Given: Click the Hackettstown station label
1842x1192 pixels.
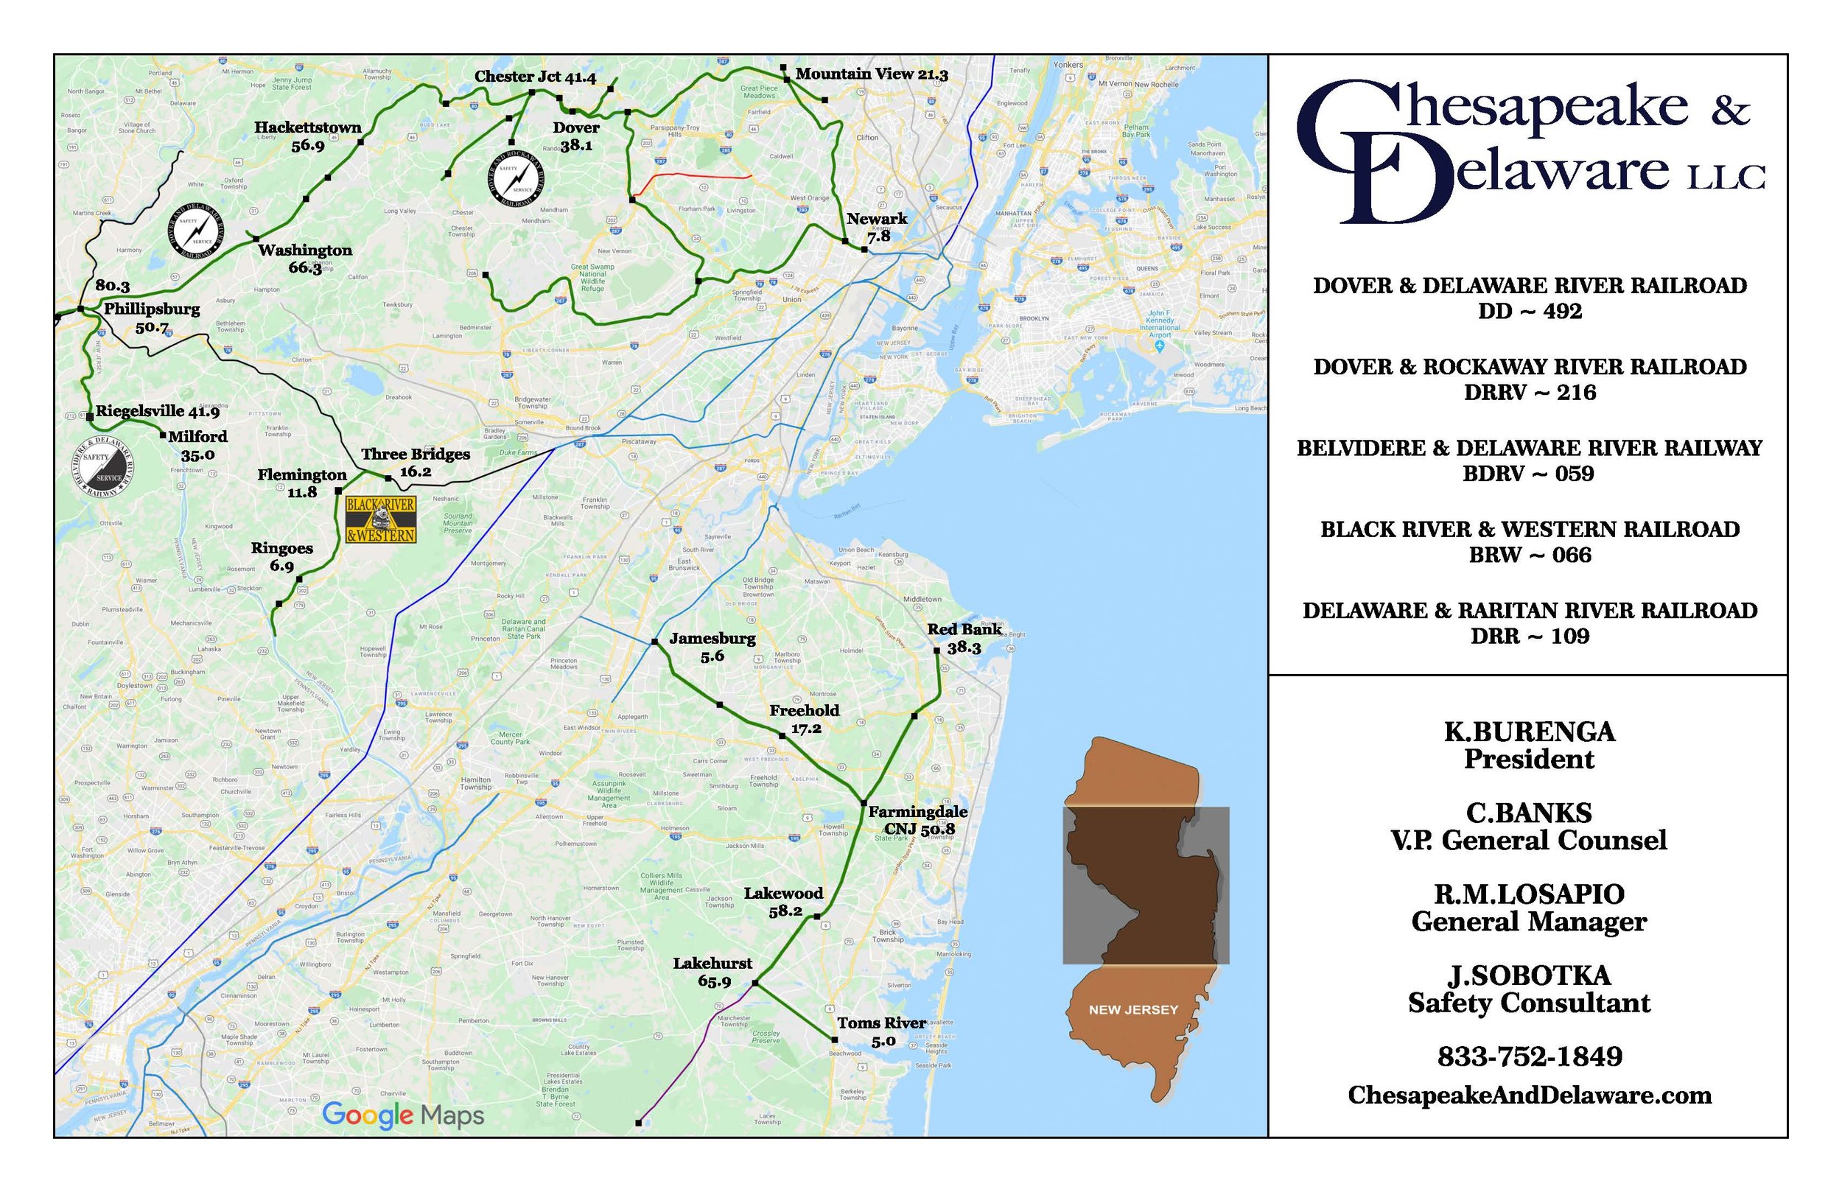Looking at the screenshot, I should tap(308, 136).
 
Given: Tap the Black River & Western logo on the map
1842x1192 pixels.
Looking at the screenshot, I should tap(381, 519).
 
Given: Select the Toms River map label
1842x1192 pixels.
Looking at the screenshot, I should tap(881, 1031).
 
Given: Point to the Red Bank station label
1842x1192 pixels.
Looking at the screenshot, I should tap(964, 638).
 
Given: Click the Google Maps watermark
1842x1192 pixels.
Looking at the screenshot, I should tap(402, 1115).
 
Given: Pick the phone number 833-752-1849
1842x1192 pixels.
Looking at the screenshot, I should tap(1530, 1056).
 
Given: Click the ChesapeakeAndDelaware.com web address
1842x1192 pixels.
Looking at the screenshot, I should tap(1530, 1095).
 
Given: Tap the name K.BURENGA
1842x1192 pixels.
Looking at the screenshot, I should tap(1530, 732).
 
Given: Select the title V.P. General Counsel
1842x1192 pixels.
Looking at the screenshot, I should tap(1530, 841).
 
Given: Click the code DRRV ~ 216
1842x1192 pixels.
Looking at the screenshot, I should tap(1530, 393).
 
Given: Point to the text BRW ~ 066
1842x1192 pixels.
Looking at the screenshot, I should tap(1530, 555).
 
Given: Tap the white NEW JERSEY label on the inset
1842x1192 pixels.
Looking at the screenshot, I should tap(1133, 1009).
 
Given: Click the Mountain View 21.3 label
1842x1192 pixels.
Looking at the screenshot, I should tap(872, 74).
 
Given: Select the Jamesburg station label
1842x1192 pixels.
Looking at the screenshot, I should tap(712, 646).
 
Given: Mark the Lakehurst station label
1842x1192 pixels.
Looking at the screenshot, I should tap(712, 972).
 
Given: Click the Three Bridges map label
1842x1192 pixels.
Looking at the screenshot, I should tap(416, 462).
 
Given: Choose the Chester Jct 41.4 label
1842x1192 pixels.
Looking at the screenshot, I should tap(535, 77).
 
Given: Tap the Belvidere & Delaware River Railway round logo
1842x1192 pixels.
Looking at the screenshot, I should tap(103, 467).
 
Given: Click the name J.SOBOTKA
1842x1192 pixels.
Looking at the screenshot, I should tap(1530, 975).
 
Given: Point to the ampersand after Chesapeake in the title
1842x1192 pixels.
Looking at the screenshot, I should tap(1731, 111).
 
